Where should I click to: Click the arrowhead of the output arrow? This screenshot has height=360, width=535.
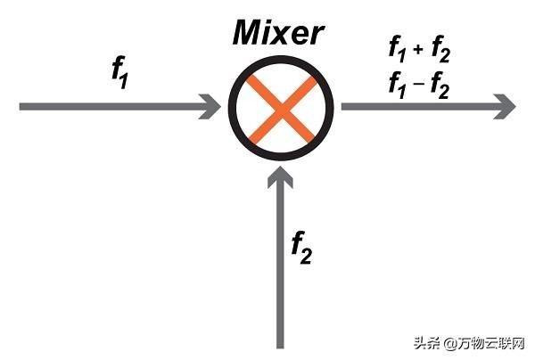pos(506,106)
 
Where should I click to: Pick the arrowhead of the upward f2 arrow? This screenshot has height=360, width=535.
pos(281,180)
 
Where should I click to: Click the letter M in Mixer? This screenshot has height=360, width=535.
pos(248,34)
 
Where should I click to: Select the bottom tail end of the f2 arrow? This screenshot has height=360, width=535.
pos(281,344)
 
